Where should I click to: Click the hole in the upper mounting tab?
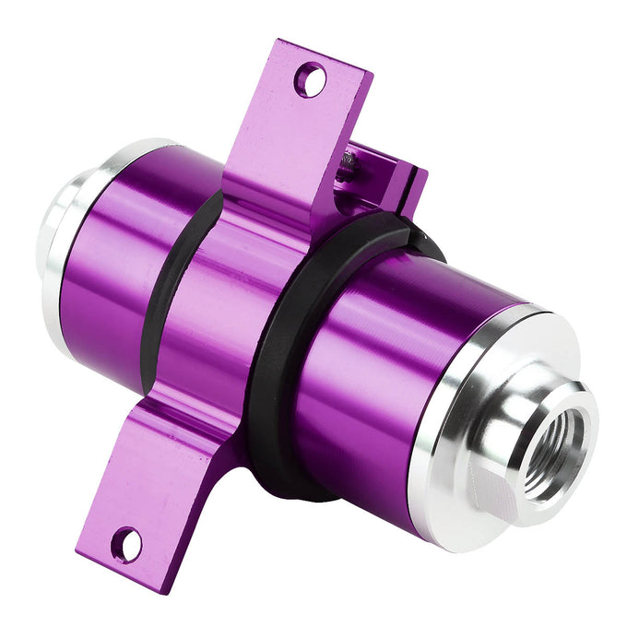click(311, 80)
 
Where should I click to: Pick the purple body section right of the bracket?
click(387, 369)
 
